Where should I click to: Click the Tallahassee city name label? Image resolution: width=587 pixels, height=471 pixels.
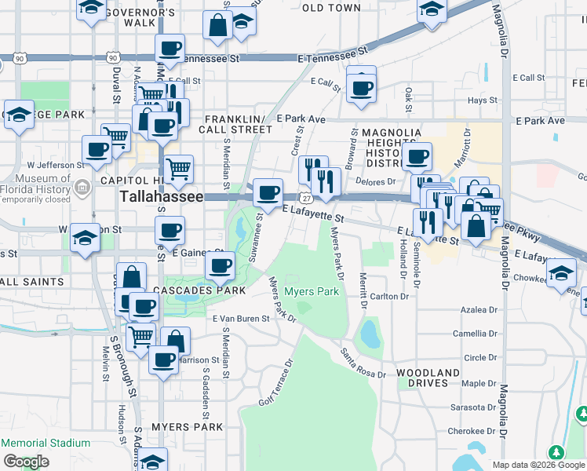(161, 197)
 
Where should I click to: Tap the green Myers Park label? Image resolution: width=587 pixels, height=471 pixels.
(312, 291)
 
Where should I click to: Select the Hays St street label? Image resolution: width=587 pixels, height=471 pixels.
(483, 100)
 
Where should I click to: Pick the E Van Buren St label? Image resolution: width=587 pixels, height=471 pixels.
(241, 319)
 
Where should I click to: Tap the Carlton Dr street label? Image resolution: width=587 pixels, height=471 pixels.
(390, 297)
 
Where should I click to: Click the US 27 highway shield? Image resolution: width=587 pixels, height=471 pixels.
(303, 197)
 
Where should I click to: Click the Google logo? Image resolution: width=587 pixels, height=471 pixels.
(26, 462)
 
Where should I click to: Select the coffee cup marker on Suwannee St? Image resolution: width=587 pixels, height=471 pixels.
(268, 192)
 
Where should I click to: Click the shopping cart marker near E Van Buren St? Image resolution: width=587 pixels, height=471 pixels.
(140, 337)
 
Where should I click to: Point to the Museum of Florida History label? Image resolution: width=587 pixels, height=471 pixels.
(39, 188)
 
